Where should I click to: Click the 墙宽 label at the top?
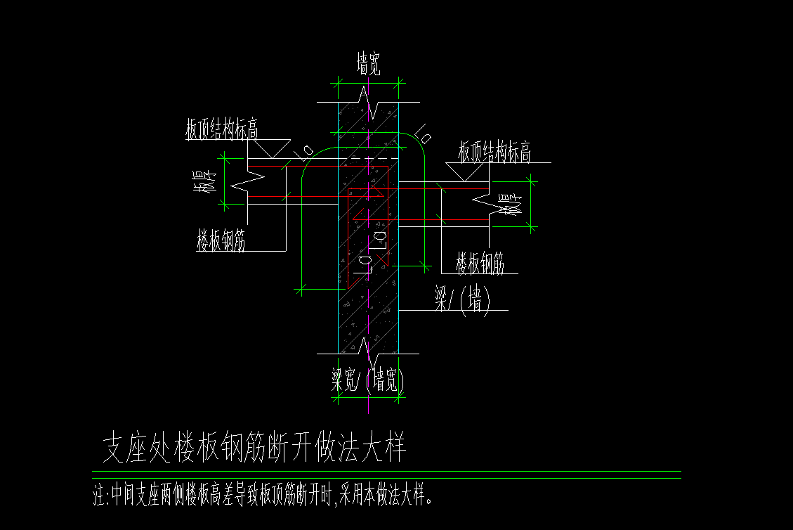point(369,67)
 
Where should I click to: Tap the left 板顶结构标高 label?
point(221,131)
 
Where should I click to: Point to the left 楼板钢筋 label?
point(221,243)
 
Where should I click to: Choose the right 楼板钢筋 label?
point(480,264)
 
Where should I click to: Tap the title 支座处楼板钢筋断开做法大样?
point(255,448)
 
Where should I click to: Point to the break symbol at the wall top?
point(369,98)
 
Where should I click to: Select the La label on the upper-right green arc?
point(423,132)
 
